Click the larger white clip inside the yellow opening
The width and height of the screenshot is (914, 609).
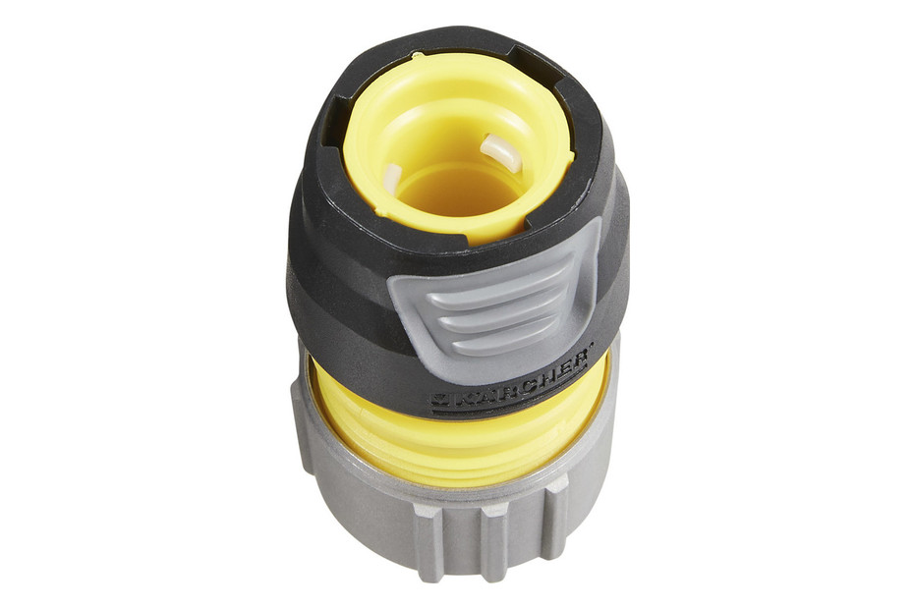[x=500, y=151]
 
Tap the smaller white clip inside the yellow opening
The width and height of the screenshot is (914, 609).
[x=392, y=180]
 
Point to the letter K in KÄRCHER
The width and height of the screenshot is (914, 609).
[x=460, y=398]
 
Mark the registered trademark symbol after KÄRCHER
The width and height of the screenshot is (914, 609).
[x=592, y=349]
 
